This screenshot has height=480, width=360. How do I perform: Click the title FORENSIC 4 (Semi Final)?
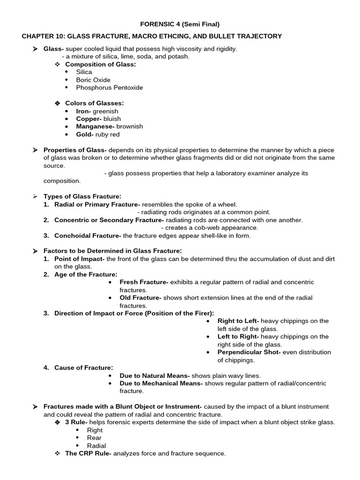(180, 24)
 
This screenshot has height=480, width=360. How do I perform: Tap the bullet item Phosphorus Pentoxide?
(109, 87)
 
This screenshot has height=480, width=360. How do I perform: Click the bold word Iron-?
(84, 111)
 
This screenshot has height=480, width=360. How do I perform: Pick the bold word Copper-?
(89, 119)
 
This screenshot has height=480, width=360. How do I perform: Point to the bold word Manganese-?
(96, 126)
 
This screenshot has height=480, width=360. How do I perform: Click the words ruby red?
(107, 134)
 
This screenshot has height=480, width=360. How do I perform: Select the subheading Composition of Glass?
(100, 64)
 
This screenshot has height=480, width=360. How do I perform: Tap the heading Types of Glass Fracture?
(82, 196)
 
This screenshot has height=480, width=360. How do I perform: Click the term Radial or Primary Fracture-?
(97, 204)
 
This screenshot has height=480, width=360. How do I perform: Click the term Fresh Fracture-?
(144, 282)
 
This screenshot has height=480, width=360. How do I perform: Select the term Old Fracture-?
(140, 298)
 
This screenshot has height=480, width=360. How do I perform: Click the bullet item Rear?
(94, 438)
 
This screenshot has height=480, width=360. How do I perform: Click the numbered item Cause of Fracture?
(83, 367)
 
